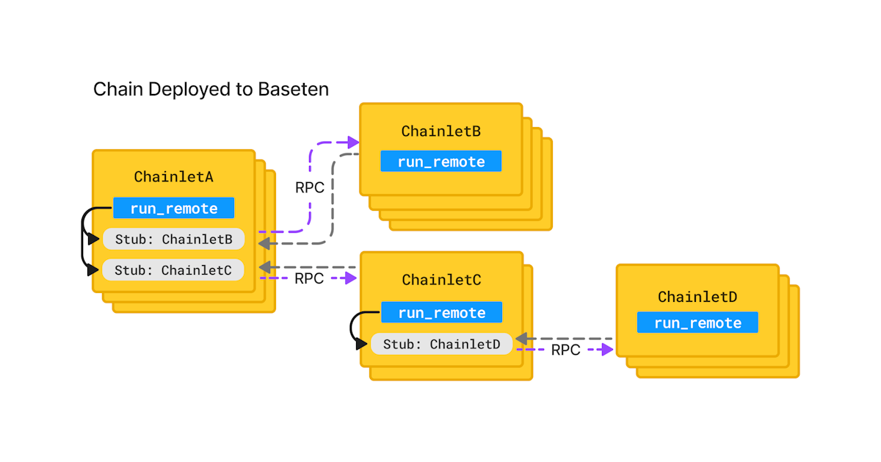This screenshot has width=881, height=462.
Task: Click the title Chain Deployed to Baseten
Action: click(x=211, y=90)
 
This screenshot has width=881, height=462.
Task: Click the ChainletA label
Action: click(x=173, y=176)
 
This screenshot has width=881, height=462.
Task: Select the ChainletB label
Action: click(x=440, y=131)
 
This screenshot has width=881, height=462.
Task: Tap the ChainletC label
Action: click(x=441, y=280)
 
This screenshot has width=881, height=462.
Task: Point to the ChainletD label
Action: click(x=697, y=297)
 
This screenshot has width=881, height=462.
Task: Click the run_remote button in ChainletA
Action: click(x=174, y=208)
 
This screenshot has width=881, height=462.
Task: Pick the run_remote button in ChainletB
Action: click(x=440, y=162)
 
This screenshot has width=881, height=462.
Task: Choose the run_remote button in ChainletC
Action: click(x=441, y=313)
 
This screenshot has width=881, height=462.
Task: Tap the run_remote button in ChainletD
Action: click(x=697, y=323)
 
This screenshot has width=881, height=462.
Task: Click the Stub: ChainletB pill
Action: click(x=173, y=239)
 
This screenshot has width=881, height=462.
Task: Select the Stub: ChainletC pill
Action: click(x=173, y=270)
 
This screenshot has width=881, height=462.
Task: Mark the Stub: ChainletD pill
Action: click(x=441, y=344)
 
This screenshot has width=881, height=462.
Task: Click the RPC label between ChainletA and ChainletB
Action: click(x=309, y=187)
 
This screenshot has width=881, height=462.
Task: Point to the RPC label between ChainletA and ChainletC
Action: click(x=309, y=279)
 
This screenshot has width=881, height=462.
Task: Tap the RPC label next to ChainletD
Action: click(x=565, y=350)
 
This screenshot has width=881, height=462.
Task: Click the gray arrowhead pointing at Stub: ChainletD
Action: click(x=521, y=339)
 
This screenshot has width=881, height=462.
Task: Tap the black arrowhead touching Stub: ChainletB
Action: click(x=93, y=239)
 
